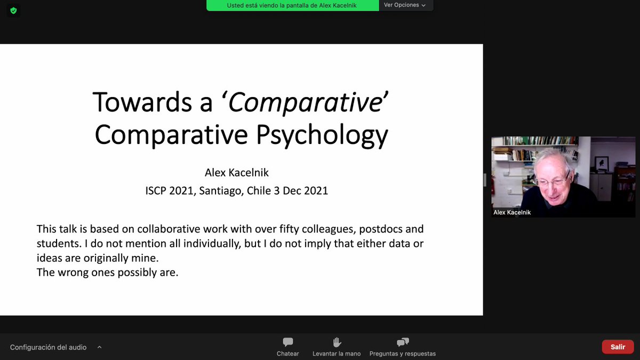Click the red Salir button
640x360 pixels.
click(618, 347)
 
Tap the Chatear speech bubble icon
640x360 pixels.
click(288, 342)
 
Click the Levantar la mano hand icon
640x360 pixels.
click(337, 342)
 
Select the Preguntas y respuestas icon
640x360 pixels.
click(403, 342)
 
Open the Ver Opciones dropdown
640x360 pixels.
click(405, 5)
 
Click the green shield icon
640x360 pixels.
click(13, 10)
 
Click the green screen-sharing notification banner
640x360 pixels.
click(292, 5)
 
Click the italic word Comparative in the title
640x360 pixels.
click(304, 102)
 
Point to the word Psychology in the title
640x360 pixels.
click(322, 135)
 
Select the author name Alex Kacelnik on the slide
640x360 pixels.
click(237, 173)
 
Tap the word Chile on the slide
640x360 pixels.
click(259, 190)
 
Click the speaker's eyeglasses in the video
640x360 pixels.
click(551, 182)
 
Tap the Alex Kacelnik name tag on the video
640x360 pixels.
click(512, 212)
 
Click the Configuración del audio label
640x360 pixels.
click(48, 347)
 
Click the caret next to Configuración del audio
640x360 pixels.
click(99, 347)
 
